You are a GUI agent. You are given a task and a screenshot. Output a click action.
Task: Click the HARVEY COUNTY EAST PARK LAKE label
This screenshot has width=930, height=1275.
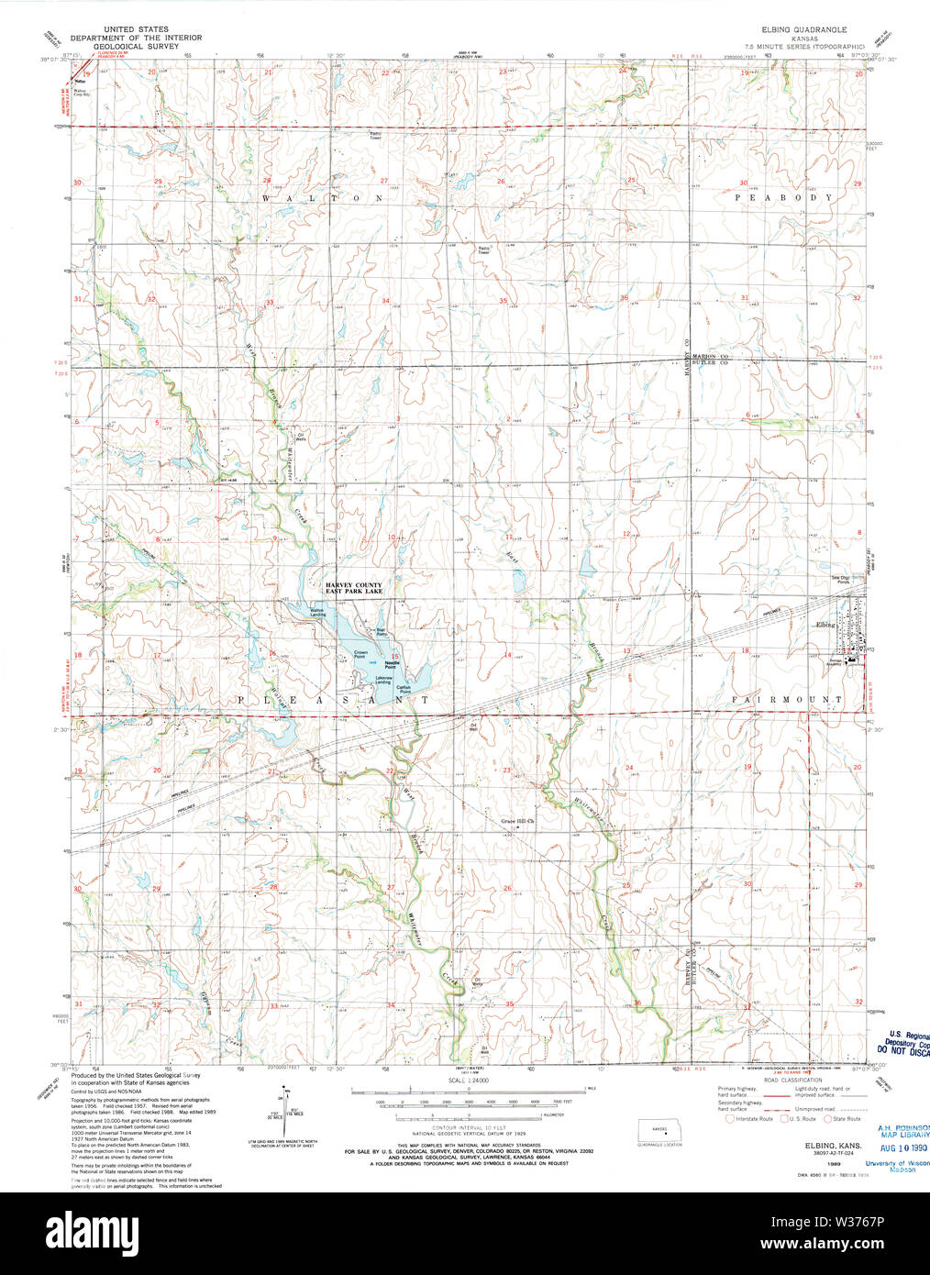353,589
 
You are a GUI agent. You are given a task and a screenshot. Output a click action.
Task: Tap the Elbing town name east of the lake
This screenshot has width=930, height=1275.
825,625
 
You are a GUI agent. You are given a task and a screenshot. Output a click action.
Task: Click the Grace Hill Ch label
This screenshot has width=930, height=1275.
516,821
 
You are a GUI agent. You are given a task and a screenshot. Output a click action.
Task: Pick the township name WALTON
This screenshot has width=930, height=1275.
321,197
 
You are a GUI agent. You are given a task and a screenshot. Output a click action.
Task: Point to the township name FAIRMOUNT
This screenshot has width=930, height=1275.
787,700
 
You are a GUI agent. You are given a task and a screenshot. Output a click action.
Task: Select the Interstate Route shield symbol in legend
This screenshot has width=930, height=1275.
730,1118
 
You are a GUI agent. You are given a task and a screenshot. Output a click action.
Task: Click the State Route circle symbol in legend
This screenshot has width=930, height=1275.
828,1118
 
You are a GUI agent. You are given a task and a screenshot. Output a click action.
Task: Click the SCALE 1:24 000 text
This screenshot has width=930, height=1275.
467,1081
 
